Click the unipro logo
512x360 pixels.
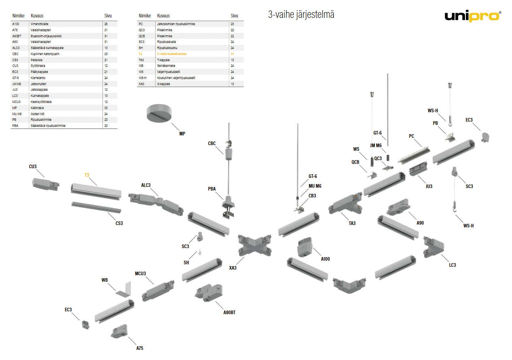[472, 16]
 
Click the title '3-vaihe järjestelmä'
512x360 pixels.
[301, 15]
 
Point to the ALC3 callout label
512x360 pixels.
[146, 185]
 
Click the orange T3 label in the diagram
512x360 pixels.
[87, 175]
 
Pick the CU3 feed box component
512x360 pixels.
[45, 184]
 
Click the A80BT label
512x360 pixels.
[229, 313]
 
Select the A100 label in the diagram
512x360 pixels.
[325, 259]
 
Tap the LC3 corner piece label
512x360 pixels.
[452, 265]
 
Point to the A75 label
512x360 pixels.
[140, 348]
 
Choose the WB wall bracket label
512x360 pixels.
[105, 280]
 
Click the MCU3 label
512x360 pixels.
[141, 273]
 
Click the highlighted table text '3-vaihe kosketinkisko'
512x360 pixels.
[171, 54]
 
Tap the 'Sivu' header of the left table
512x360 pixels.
[108, 16]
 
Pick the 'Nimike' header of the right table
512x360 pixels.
[145, 16]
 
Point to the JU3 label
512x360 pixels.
[429, 186]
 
